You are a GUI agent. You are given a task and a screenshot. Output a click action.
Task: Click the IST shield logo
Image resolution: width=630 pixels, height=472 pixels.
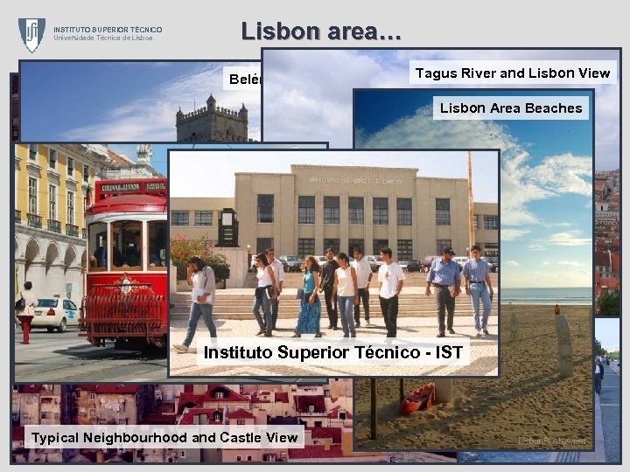(31, 35)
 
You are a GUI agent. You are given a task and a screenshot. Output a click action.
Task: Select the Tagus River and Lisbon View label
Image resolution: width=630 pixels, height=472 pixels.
(512, 73)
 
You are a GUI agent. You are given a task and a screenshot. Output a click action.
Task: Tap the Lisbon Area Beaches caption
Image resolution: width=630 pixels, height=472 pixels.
(511, 108)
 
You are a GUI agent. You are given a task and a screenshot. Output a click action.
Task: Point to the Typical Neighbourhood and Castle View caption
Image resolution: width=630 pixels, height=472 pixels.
(164, 437)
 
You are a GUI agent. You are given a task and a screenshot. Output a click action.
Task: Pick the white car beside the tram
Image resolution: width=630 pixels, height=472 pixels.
(57, 314)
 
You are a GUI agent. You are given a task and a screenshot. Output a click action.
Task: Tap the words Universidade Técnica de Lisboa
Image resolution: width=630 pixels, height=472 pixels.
(103, 38)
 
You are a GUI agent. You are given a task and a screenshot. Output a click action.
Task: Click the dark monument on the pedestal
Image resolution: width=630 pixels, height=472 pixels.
(227, 229)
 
